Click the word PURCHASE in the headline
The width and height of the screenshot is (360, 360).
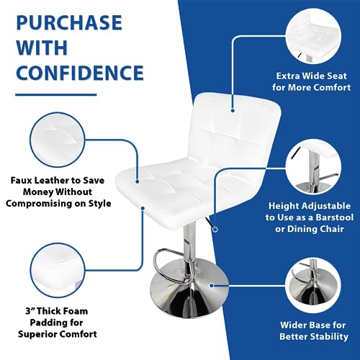tap(69, 22)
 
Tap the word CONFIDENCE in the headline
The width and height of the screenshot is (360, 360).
tap(80, 73)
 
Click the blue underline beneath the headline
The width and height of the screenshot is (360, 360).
tap(56, 95)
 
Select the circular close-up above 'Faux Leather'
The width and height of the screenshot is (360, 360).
tap(58, 140)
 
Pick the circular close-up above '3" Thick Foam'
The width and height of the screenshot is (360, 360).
tap(58, 271)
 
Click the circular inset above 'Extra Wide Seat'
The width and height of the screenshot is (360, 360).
tap(313, 37)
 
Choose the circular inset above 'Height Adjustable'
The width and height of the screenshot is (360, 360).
tap(313, 167)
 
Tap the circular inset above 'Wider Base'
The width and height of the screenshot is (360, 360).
tap(313, 286)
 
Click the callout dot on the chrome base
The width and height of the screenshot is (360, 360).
tap(212, 286)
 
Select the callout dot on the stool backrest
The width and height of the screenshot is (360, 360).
tap(233, 110)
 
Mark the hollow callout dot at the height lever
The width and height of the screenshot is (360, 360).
tap(215, 230)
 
